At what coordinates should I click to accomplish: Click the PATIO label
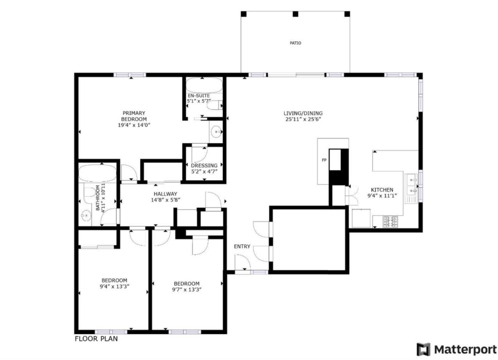[295, 43]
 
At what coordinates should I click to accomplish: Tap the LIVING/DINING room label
[303, 113]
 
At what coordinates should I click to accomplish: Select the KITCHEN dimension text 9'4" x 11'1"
[382, 196]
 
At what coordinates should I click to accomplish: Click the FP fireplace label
[324, 160]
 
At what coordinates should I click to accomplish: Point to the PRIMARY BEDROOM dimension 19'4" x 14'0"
[134, 125]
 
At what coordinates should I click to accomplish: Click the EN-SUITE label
[199, 96]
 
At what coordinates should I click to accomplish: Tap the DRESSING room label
[204, 165]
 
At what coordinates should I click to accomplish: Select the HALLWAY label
[165, 194]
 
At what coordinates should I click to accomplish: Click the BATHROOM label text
[98, 198]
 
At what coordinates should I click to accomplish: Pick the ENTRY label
[242, 246]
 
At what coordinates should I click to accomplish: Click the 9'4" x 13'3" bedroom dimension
[114, 286]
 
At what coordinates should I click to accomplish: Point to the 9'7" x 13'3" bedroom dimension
[187, 290]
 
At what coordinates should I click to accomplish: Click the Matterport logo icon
[423, 349]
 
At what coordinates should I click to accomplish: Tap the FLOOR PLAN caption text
[96, 339]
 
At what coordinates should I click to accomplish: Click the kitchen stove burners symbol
[390, 222]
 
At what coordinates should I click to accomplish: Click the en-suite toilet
[215, 105]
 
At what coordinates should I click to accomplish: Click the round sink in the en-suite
[217, 132]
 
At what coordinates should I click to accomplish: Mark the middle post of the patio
[295, 14]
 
